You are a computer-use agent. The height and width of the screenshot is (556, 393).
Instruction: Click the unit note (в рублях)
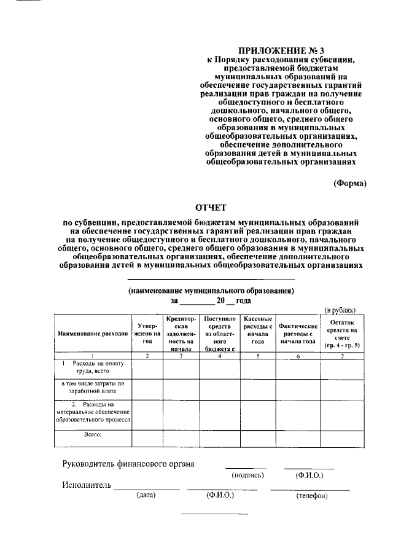coord(340,310)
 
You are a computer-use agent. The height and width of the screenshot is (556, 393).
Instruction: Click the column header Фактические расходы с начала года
coord(298,334)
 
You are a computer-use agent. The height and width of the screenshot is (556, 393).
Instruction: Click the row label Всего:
coord(92,434)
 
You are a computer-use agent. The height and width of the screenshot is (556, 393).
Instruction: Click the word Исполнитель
coord(86,486)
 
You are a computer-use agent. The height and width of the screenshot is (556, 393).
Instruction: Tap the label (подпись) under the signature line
coord(247,475)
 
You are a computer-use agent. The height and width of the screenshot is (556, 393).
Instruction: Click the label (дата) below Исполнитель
coord(146,495)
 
